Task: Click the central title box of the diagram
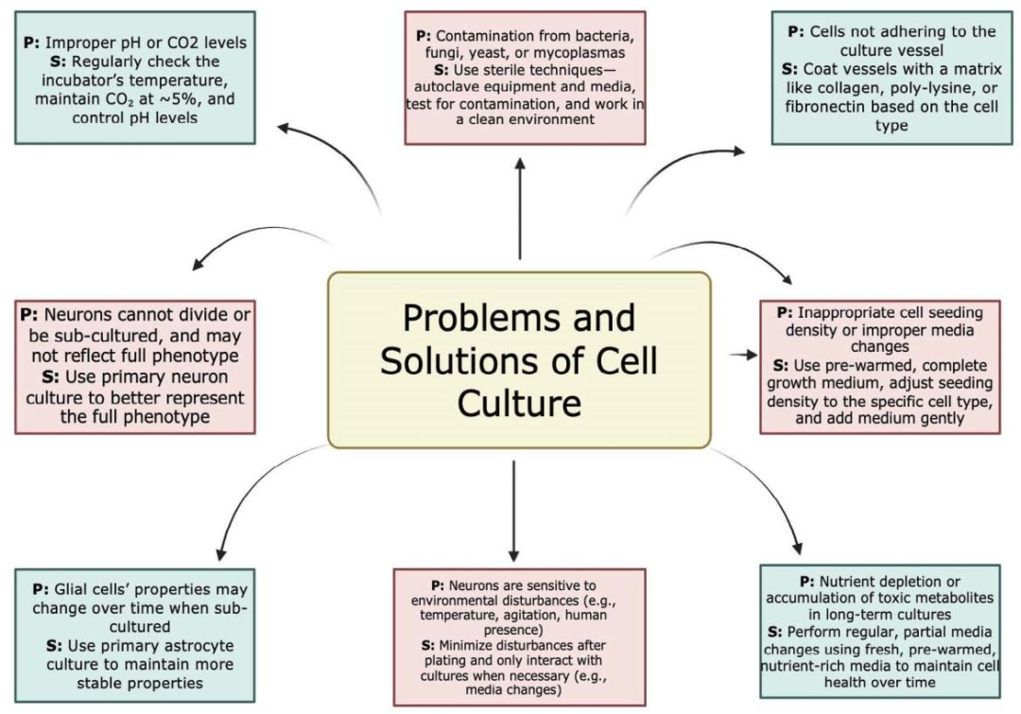[519, 358]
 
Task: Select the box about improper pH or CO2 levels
[135, 78]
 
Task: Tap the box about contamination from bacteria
[525, 78]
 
